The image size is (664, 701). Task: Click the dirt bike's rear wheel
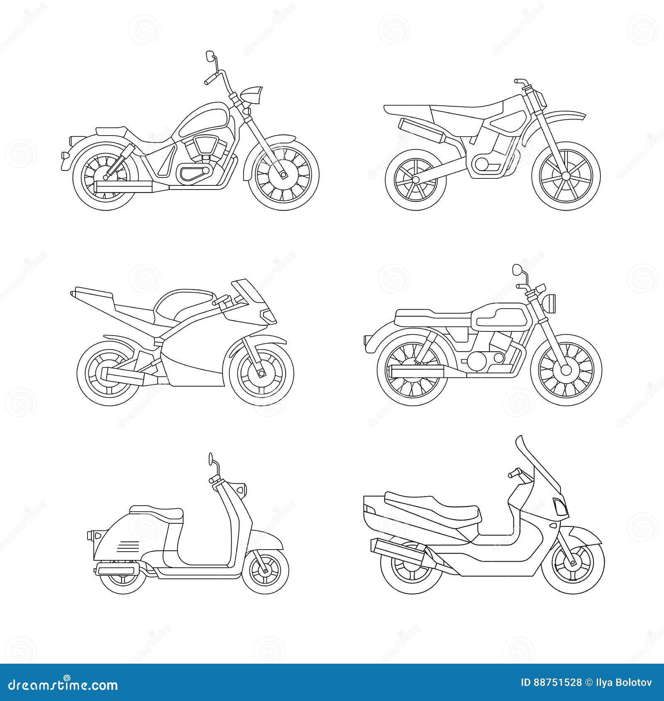click(413, 179)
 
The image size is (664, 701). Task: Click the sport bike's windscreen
click(249, 291)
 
